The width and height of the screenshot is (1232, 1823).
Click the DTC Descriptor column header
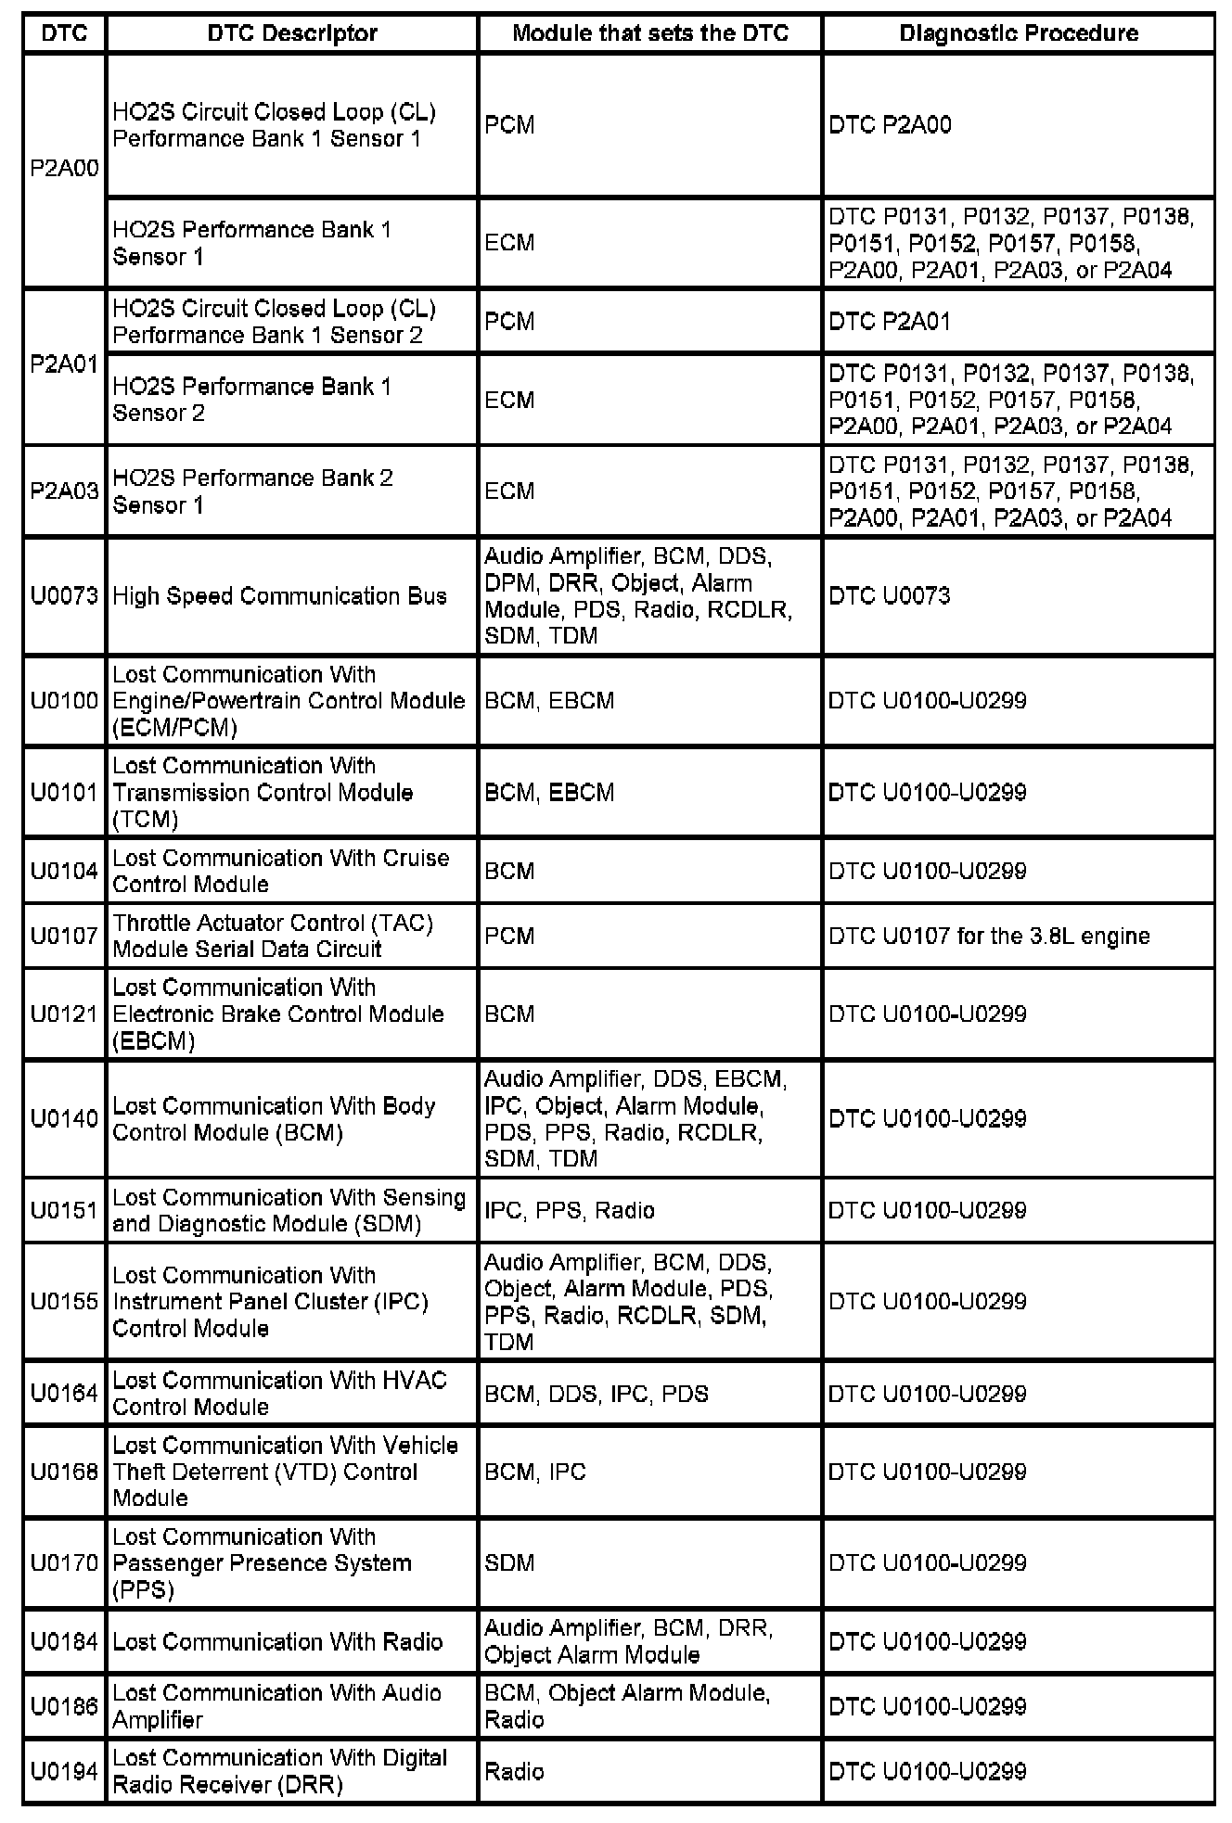291,33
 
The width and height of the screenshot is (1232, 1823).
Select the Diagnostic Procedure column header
1018,33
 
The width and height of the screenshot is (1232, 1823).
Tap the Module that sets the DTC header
649,33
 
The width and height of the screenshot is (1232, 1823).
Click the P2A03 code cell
64,491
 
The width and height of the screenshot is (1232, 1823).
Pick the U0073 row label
64,595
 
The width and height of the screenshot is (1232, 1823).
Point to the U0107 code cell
64,936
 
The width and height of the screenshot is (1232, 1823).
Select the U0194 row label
64,1771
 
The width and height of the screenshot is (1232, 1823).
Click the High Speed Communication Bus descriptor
279,595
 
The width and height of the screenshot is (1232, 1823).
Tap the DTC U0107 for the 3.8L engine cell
989,936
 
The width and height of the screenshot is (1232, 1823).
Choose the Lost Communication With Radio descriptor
277,1641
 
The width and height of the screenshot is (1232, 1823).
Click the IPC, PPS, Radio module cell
569,1210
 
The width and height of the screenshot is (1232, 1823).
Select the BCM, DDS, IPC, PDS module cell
596,1394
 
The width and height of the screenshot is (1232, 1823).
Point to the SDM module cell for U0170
509,1563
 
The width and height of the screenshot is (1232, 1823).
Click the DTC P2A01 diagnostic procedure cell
889,322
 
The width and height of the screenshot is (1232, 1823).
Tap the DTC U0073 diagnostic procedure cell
889,595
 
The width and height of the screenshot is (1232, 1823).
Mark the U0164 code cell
64,1394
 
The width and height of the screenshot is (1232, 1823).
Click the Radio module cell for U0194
514,1771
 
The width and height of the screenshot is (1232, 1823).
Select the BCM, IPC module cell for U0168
534,1472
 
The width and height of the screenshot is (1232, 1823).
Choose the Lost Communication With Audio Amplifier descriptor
276,1706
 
